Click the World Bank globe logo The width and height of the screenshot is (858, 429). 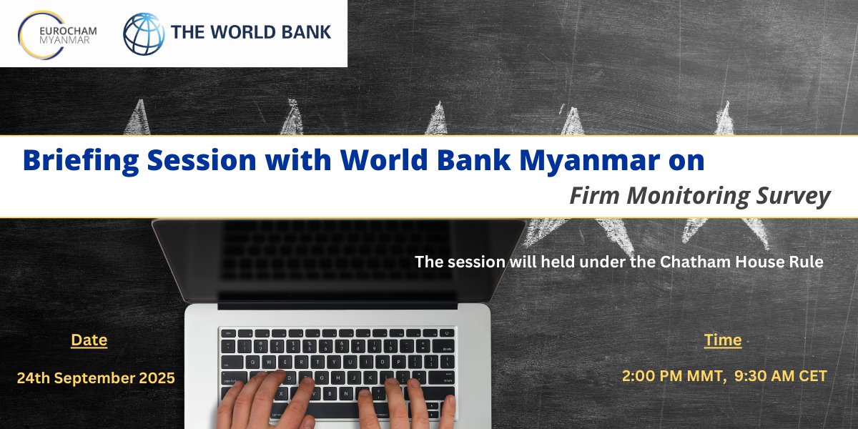(x=144, y=34)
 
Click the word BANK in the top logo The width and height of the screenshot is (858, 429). (x=306, y=32)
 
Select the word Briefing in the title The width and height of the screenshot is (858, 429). (x=80, y=160)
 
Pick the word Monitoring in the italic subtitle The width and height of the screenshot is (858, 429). (x=688, y=197)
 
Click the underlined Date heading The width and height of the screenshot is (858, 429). (x=89, y=340)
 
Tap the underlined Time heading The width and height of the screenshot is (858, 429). (x=723, y=340)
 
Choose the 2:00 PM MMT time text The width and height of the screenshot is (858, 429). (x=673, y=376)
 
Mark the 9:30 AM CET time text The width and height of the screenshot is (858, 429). (x=781, y=376)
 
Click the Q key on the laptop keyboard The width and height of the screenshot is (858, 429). (x=252, y=362)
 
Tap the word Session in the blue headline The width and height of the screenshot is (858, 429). (x=202, y=160)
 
